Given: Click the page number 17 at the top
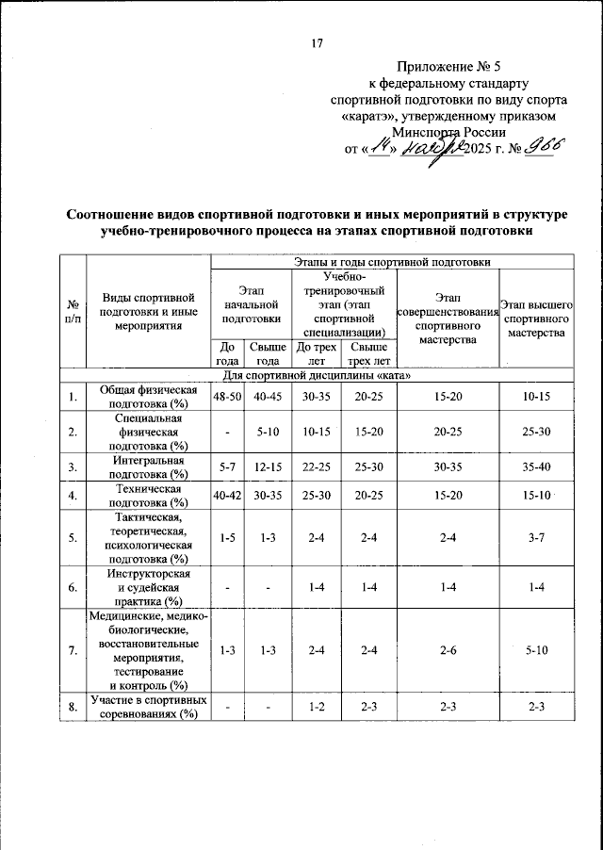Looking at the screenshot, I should tap(318, 42).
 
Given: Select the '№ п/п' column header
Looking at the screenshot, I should tap(72, 312).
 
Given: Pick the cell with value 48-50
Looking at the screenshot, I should tap(227, 397).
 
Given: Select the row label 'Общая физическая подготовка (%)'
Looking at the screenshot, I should tap(148, 397).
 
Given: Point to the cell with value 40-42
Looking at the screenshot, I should tap(227, 495).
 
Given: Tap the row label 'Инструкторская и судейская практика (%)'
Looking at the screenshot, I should tap(148, 588).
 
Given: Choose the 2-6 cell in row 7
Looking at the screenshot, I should tap(447, 650).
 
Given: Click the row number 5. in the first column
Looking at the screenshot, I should tap(72, 538).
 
